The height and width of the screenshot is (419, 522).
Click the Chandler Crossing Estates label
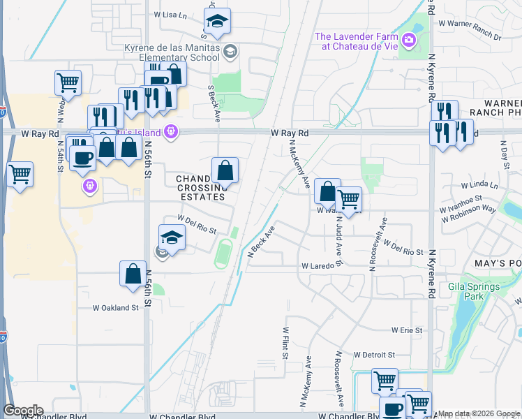pyautogui.click(x=201, y=188)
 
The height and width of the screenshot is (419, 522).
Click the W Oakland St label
pyautogui.click(x=116, y=307)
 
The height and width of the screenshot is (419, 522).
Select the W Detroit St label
pyautogui.click(x=374, y=355)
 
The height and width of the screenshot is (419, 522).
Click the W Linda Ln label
pyautogui.click(x=479, y=186)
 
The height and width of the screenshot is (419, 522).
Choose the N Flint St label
pyautogui.click(x=285, y=343)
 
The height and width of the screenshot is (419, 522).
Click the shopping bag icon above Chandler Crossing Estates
pyautogui.click(x=225, y=170)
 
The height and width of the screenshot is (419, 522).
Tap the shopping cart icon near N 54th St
pyautogui.click(x=68, y=82)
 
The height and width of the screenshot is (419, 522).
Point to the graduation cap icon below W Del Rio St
pyautogui.click(x=172, y=238)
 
